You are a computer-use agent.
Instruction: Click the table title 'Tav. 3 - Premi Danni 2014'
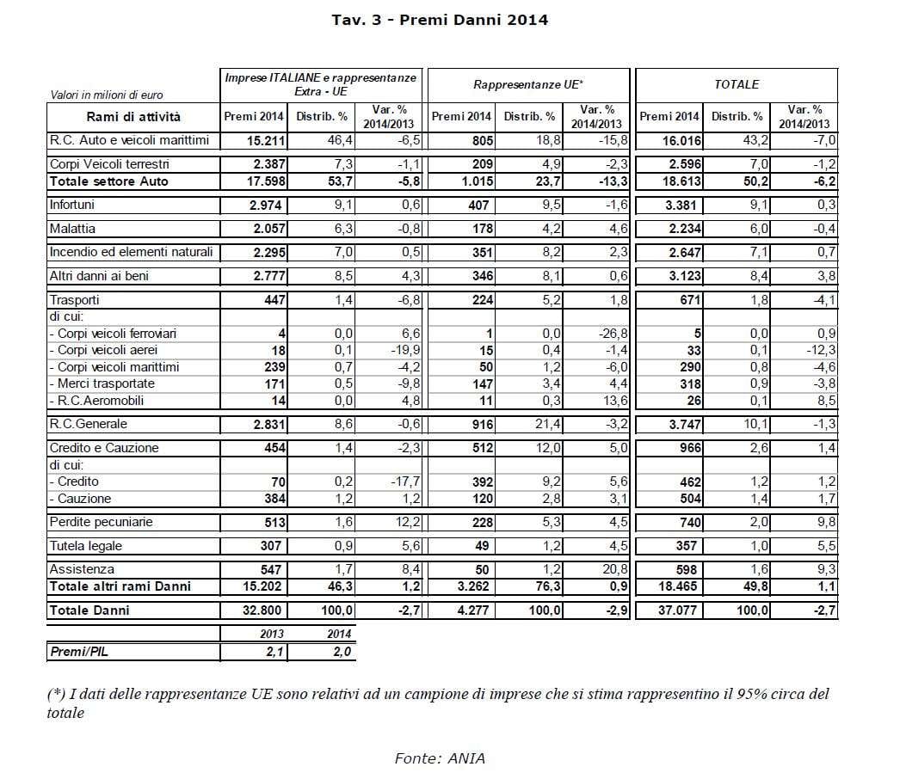pos(440,19)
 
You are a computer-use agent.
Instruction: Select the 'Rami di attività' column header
pos(133,117)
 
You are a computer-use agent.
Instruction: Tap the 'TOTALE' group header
pos(736,84)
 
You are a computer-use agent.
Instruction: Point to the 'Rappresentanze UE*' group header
pos(527,84)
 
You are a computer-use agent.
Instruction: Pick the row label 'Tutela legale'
pos(86,546)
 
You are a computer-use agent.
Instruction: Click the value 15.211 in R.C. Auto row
pos(262,141)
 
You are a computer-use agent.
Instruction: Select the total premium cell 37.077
pos(679,610)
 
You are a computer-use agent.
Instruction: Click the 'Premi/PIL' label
pos(79,652)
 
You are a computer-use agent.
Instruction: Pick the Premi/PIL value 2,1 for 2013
pos(274,652)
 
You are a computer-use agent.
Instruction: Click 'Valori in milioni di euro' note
pos(107,95)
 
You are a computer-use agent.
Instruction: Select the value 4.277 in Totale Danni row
pos(472,610)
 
